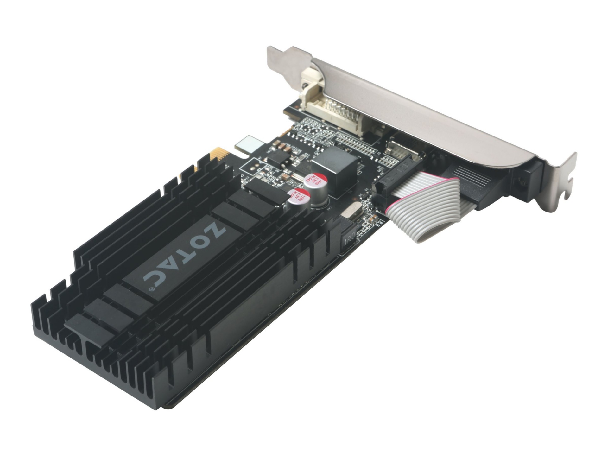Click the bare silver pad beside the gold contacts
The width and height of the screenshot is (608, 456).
pyautogui.click(x=250, y=144)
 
